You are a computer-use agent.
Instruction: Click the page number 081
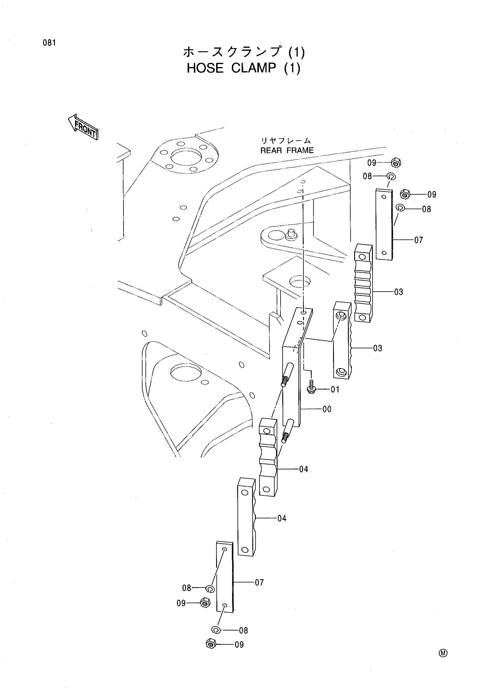point(49,43)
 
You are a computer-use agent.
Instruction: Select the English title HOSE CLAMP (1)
point(244,68)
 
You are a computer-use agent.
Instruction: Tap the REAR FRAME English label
point(287,150)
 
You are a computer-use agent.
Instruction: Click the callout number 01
point(335,389)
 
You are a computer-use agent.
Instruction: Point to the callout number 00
point(327,409)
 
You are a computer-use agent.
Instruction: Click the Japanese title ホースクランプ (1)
point(244,52)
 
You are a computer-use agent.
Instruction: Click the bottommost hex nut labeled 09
point(210,644)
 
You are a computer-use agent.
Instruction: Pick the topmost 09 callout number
point(372,163)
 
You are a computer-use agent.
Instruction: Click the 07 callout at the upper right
point(419,240)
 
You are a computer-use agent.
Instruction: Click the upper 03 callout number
point(398,292)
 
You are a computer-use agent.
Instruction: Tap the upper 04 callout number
point(304,469)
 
